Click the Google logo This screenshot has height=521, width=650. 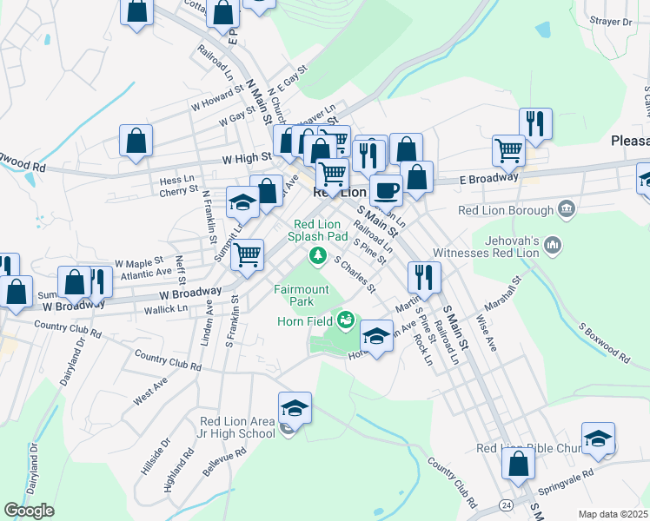(x=28, y=511)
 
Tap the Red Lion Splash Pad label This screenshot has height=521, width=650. (x=317, y=230)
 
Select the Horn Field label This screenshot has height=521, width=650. (x=305, y=321)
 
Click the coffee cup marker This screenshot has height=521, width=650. (x=386, y=189)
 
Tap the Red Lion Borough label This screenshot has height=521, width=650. (x=506, y=210)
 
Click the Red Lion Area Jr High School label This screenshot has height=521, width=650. (x=237, y=427)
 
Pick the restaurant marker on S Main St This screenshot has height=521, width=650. (x=423, y=277)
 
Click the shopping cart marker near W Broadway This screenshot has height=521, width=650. (x=248, y=255)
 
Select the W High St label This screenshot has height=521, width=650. (x=247, y=159)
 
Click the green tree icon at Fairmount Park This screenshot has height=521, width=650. (x=318, y=254)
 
